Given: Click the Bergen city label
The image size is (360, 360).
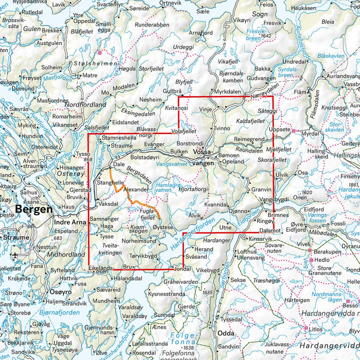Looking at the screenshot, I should point(33,209).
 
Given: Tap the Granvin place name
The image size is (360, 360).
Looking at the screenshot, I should point(261,190).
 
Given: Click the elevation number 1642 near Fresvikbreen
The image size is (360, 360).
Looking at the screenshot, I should point(265,36).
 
